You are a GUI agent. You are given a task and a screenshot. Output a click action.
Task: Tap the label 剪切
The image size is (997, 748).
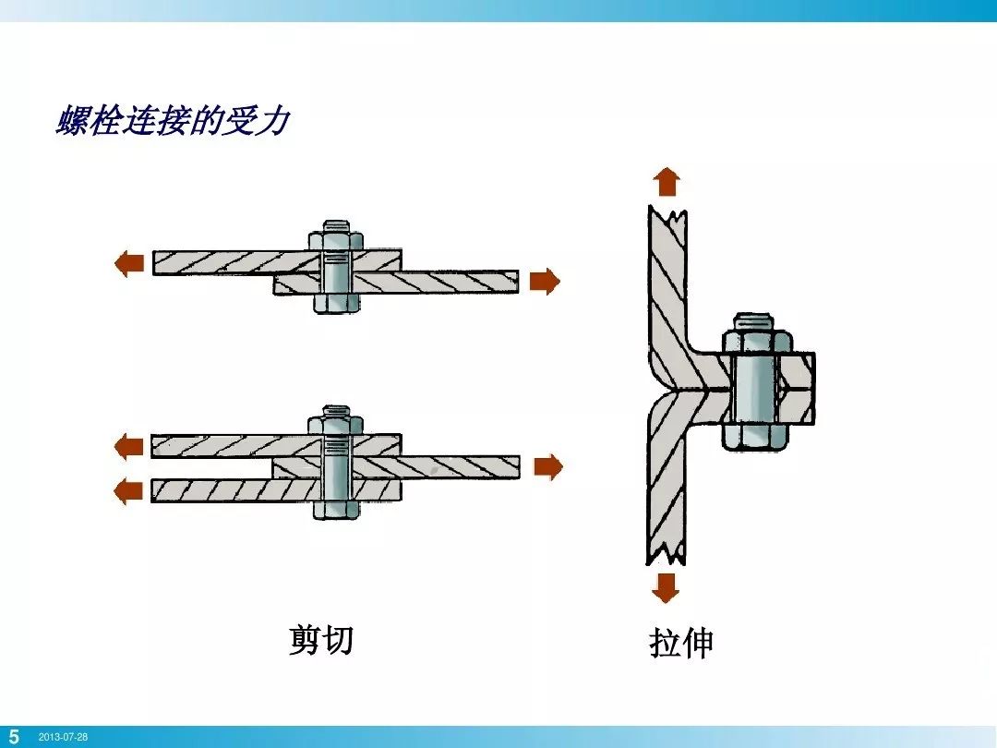[x=320, y=639]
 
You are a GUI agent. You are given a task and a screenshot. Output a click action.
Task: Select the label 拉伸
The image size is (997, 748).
[x=681, y=644]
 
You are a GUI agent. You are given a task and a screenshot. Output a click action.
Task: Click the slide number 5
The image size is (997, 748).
[x=14, y=737]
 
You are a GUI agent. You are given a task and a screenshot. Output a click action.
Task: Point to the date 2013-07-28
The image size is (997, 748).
[x=63, y=738]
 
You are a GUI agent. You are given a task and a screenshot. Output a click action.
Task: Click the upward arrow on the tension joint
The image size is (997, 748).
[x=667, y=182]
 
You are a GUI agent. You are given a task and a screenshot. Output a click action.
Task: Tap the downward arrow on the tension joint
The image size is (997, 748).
[x=665, y=587]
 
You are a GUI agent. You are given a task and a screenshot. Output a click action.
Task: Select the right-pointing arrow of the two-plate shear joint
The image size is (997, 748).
[x=545, y=281]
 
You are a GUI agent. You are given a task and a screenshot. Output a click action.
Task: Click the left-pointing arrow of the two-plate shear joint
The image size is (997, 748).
[x=128, y=264]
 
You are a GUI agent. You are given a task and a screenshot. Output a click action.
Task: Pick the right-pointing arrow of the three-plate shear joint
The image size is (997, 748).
[x=547, y=467]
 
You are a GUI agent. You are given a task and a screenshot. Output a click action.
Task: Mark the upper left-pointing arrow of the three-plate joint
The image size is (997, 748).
[x=128, y=447]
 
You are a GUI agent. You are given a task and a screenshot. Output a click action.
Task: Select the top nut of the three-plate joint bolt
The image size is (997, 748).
[x=336, y=425]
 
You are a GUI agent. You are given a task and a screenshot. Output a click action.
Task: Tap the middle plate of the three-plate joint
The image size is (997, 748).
[x=434, y=467]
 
